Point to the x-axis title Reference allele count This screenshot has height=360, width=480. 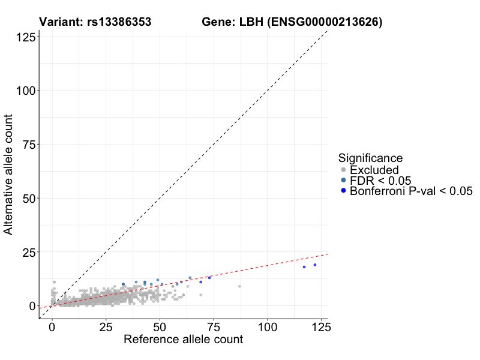pyautogui.click(x=183, y=340)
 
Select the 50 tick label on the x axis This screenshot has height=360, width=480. pyautogui.click(x=160, y=328)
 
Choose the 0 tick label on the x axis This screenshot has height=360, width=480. pyautogui.click(x=52, y=328)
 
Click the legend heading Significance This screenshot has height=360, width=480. pyautogui.click(x=370, y=158)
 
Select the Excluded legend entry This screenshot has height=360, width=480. pyautogui.click(x=374, y=170)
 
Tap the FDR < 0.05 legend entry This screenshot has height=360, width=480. pyautogui.click(x=380, y=181)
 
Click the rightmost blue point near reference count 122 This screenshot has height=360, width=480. pyautogui.click(x=314, y=265)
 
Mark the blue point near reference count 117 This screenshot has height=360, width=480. pyautogui.click(x=304, y=267)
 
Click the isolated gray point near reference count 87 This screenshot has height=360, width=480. pyautogui.click(x=239, y=286)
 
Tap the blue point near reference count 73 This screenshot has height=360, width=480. pyautogui.click(x=209, y=278)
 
